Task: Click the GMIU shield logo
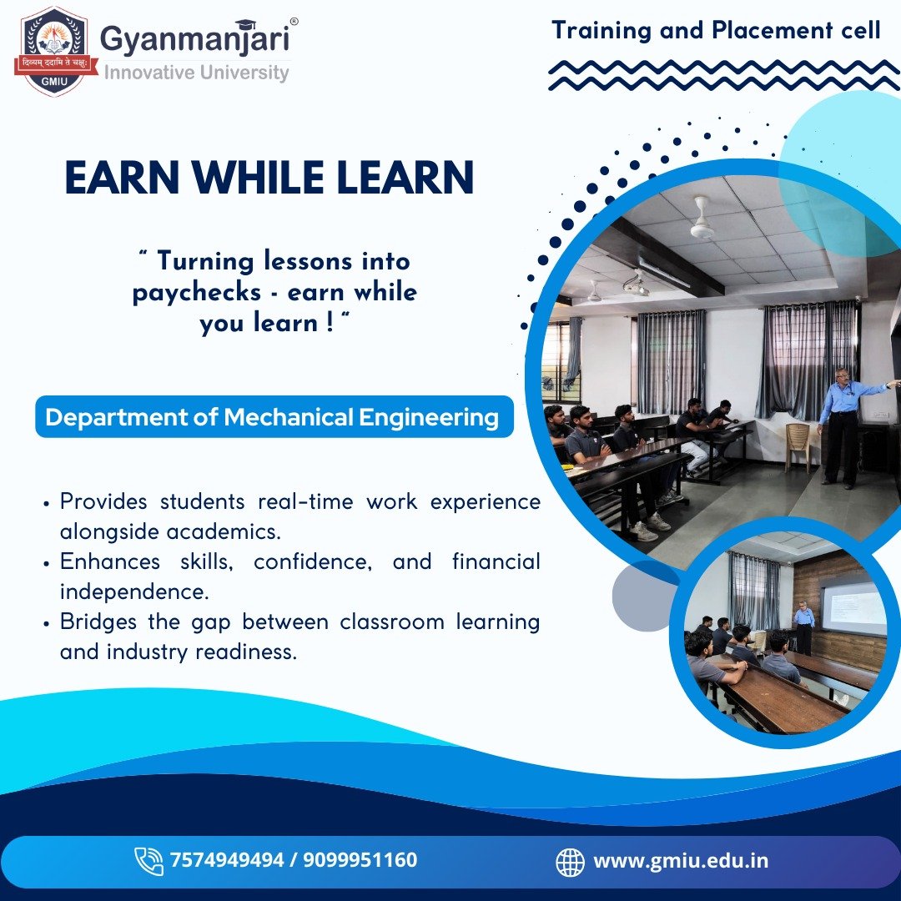coord(53,51)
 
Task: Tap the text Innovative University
coord(197,73)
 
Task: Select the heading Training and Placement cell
coord(716,30)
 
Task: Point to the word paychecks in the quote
coord(197,293)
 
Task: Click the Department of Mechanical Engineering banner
coord(274,416)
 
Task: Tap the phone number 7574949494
coord(226,859)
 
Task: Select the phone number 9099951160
coord(360,859)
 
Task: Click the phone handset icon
coord(148,861)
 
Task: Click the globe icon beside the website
coord(570,862)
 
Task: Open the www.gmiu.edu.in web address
coord(681,861)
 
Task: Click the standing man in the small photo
coord(804,628)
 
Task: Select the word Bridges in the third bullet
coord(98,622)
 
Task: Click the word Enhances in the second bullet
coord(110,561)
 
